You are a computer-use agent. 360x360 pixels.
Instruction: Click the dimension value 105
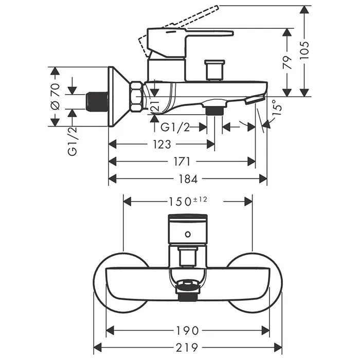(x=304, y=50)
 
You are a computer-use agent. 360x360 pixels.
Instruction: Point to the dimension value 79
(x=287, y=62)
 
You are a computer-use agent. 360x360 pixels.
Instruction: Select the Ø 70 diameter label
(x=55, y=96)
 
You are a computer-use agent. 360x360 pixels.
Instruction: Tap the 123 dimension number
(x=162, y=144)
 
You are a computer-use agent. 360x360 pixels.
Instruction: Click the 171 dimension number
(x=182, y=161)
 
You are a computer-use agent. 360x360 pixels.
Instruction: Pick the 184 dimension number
(x=188, y=179)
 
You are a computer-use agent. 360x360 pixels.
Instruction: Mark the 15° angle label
(x=276, y=107)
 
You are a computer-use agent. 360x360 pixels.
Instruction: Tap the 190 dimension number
(x=188, y=331)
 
